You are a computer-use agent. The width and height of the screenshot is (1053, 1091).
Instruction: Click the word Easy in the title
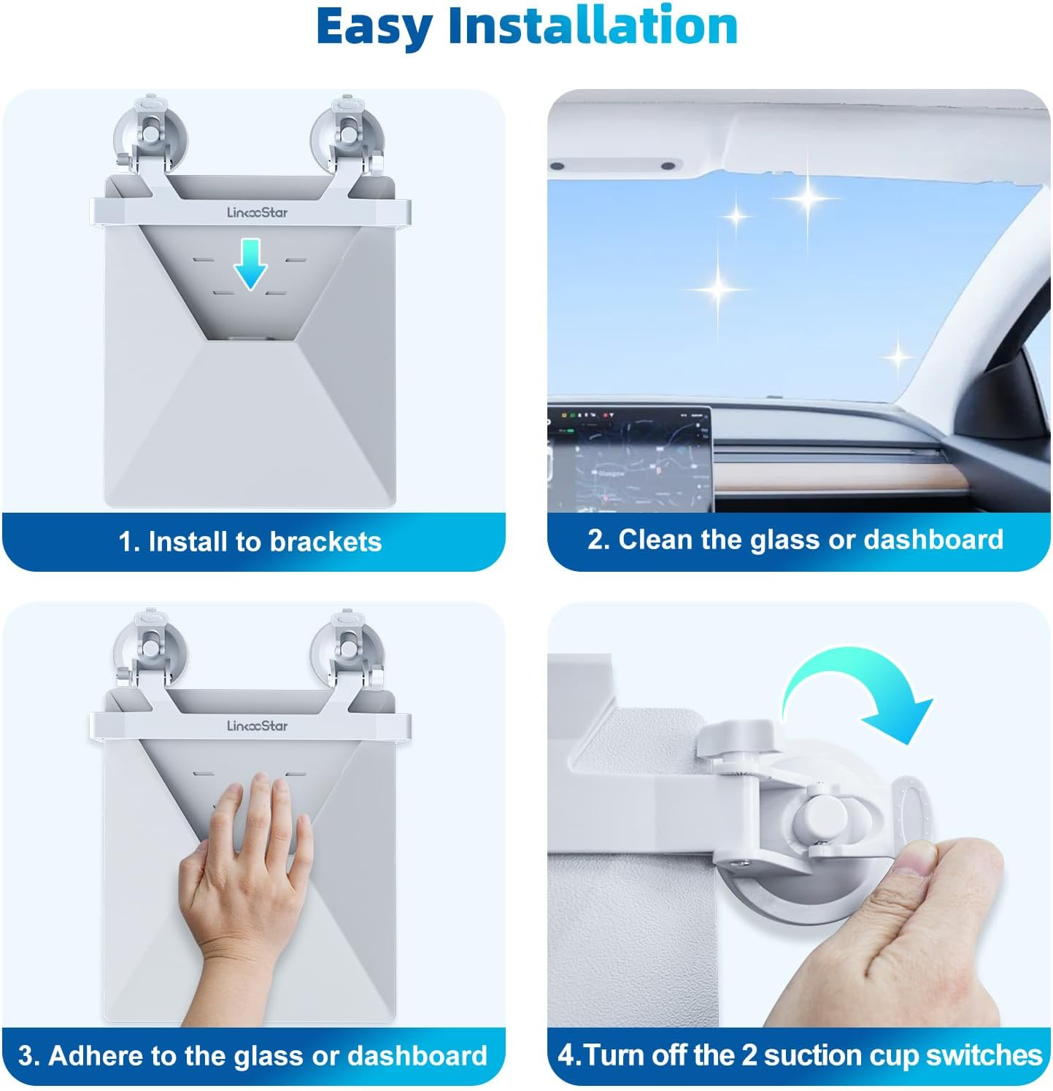point(375,27)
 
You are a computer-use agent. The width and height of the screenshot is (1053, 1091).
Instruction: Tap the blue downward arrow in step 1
point(250,264)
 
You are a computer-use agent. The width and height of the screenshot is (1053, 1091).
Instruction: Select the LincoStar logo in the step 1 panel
point(257,212)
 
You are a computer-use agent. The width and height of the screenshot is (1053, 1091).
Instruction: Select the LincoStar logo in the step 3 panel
point(257,726)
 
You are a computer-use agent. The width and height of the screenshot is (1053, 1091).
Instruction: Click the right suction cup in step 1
point(347,137)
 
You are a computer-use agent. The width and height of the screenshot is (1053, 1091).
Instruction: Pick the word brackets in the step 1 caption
point(325,542)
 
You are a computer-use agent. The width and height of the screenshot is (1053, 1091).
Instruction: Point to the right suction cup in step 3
point(347,649)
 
